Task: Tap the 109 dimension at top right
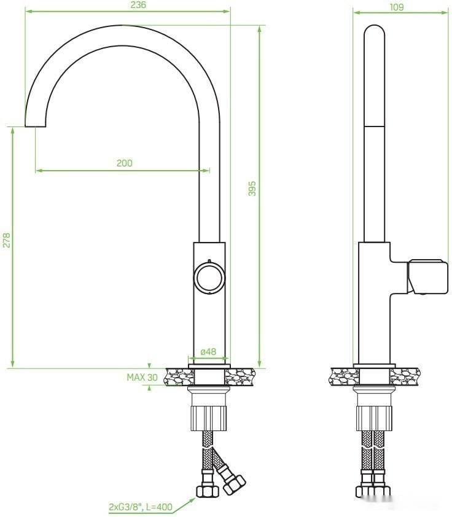pyautogui.click(x=396, y=7)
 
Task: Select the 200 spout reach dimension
pyautogui.click(x=124, y=163)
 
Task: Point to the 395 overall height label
pyautogui.click(x=251, y=189)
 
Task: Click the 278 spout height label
pyautogui.click(x=7, y=240)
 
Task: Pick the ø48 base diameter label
pyautogui.click(x=208, y=352)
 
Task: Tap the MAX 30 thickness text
pyautogui.click(x=142, y=378)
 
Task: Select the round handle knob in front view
pyautogui.click(x=209, y=278)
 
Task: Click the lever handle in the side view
pyautogui.click(x=427, y=276)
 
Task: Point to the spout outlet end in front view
pyautogui.click(x=36, y=125)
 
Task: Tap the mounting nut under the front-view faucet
pyautogui.click(x=209, y=418)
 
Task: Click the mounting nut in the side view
pyautogui.click(x=374, y=418)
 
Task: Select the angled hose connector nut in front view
pyautogui.click(x=233, y=484)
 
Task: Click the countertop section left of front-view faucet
pyautogui.click(x=177, y=376)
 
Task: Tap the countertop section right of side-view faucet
pyautogui.click(x=405, y=376)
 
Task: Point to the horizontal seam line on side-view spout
pyautogui.click(x=373, y=126)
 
